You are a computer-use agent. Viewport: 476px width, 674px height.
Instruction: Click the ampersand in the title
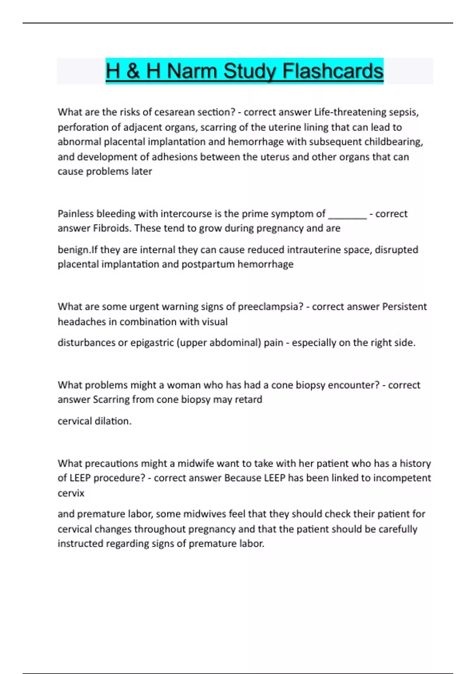133,71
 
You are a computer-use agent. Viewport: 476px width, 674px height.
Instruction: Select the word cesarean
173,112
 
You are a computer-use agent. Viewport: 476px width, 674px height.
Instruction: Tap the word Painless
75,214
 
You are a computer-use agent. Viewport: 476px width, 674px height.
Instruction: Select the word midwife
194,463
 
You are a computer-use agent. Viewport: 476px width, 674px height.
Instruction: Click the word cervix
71,493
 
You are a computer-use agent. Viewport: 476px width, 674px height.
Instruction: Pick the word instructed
78,544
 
